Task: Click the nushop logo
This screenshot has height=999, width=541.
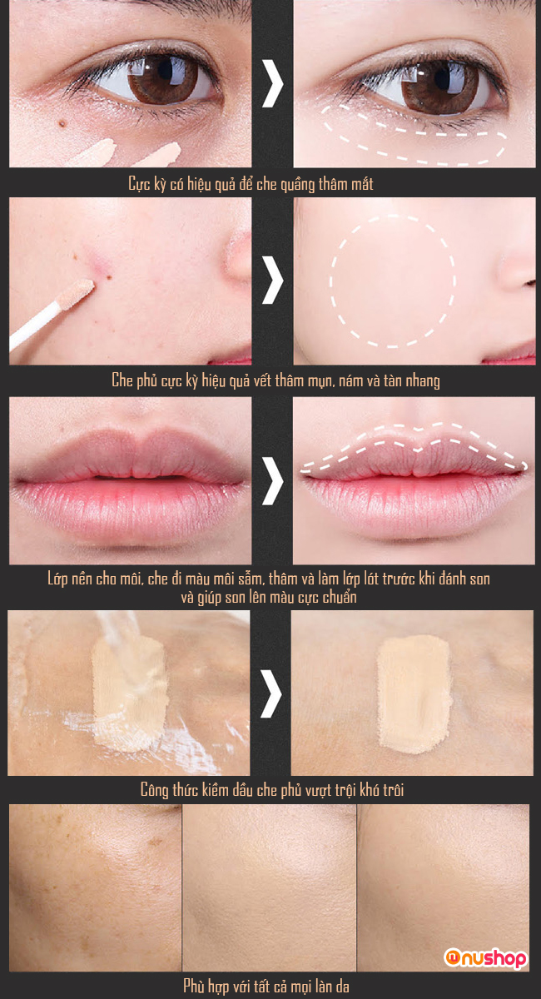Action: pos(485,957)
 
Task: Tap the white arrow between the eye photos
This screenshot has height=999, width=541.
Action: pos(272,83)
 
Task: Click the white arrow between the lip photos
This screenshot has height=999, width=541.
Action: pos(272,481)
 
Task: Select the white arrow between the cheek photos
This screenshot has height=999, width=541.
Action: pos(272,280)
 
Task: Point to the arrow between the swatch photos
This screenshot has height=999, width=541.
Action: pos(271,693)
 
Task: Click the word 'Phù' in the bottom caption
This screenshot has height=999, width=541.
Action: pos(194,986)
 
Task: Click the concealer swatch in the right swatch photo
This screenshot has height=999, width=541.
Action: pos(414,694)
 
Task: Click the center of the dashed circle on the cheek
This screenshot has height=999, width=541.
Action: pos(393,281)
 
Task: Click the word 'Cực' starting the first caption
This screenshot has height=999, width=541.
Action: pos(138,185)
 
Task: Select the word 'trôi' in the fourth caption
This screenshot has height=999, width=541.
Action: pos(393,791)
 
